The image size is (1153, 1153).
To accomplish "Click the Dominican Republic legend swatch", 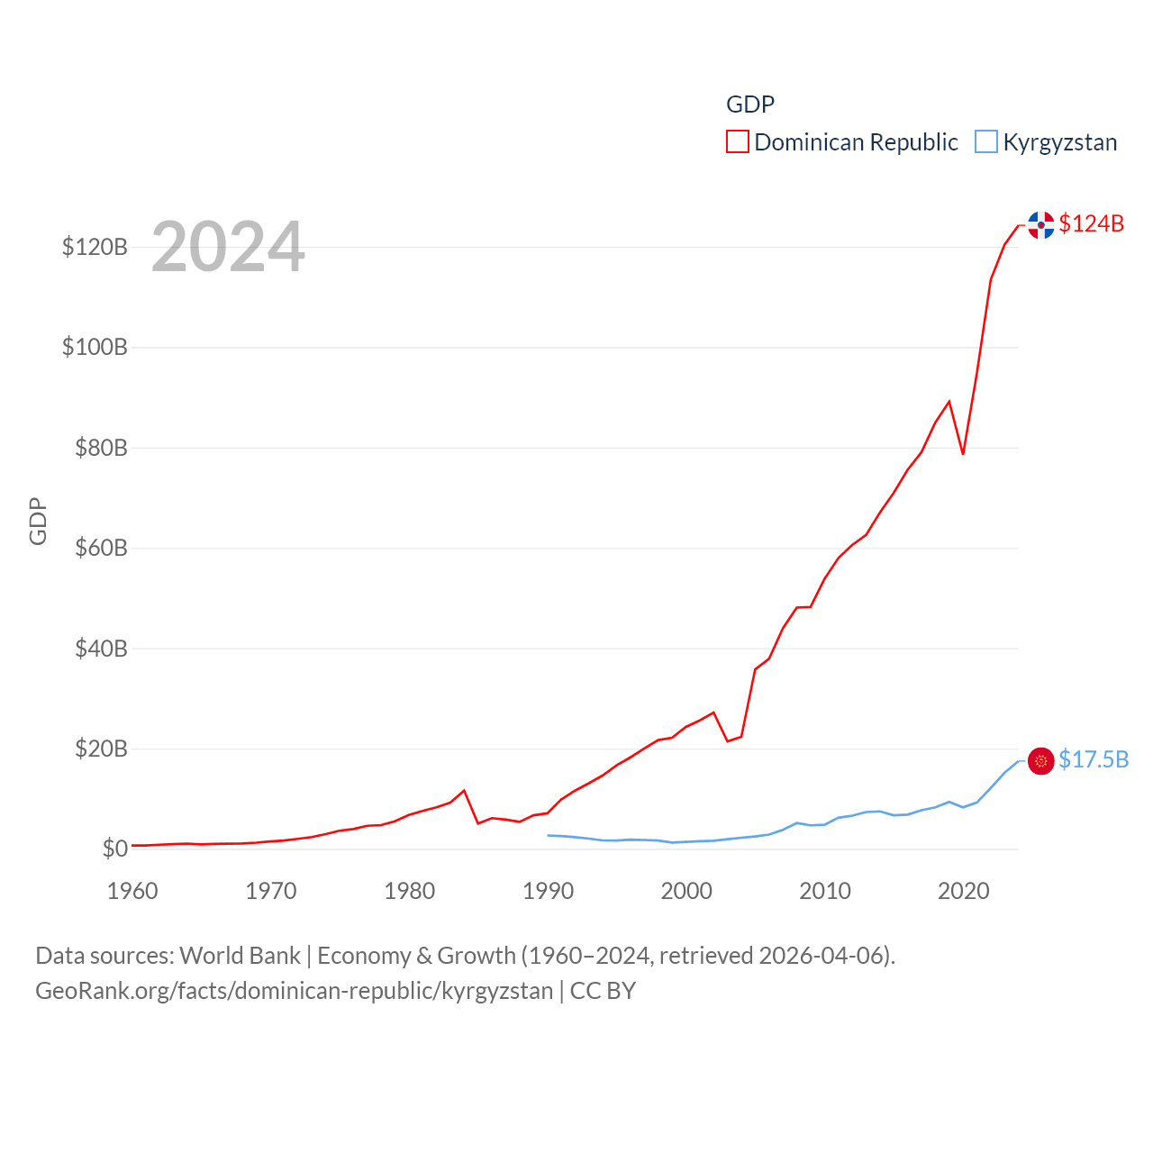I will tap(737, 141).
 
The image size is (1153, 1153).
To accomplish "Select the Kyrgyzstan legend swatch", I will tap(986, 141).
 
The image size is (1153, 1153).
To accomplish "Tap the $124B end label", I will tap(1091, 223).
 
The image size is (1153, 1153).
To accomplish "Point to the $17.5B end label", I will tap(1093, 759).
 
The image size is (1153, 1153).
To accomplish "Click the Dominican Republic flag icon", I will tap(1040, 224).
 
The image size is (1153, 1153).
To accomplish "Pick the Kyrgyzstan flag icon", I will tap(1040, 761).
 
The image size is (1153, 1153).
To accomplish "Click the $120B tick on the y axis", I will tap(95, 247).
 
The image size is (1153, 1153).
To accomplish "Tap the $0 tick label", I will tap(114, 849).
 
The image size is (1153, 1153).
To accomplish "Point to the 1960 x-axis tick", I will tap(132, 891).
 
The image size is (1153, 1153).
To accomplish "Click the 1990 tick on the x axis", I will tap(548, 891).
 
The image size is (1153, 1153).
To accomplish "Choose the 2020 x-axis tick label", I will tap(963, 891).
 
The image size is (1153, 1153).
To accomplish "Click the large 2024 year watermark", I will tap(228, 247).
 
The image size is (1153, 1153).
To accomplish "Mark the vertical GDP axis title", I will tap(38, 521).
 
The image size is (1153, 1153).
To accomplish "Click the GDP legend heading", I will tap(750, 104).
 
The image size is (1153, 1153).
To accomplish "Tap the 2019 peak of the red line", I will tap(949, 402).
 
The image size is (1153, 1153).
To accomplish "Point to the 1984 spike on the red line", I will tap(464, 791).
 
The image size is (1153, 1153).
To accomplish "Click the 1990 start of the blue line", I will tap(548, 835).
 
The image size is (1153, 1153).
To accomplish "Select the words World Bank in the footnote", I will tap(240, 955).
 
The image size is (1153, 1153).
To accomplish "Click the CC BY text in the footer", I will tap(603, 991).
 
